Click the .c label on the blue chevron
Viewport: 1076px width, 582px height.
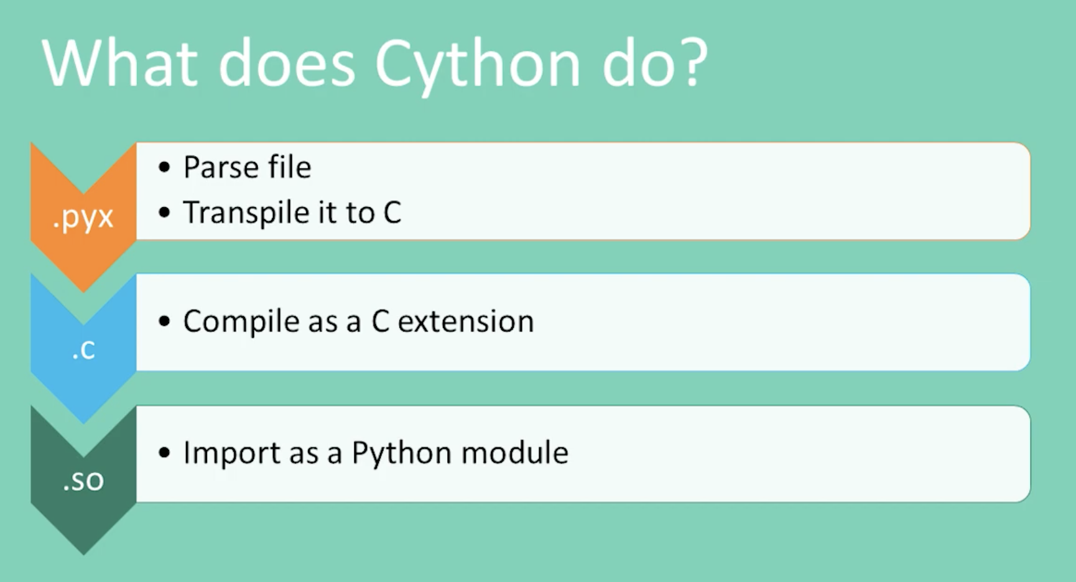83,349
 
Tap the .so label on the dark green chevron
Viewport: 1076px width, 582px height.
83,481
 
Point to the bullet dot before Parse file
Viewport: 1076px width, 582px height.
164,167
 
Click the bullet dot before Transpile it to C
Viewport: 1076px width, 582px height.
164,213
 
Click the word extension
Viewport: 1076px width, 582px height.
465,321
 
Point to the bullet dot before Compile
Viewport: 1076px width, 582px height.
164,321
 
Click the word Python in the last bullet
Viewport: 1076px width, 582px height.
401,453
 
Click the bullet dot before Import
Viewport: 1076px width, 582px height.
164,453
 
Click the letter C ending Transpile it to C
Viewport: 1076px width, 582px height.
392,213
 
